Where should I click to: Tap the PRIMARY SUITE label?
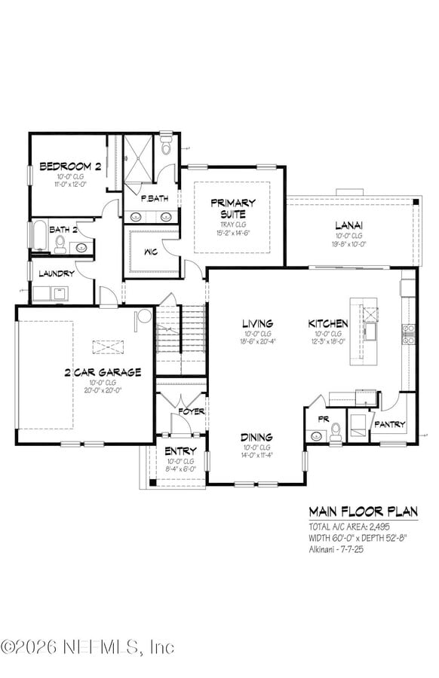(x=232, y=207)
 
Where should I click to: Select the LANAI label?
(x=349, y=224)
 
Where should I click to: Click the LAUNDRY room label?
(x=57, y=273)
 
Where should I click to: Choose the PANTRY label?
(x=389, y=424)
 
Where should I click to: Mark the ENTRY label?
(x=180, y=451)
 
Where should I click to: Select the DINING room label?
(x=256, y=437)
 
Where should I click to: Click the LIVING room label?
(x=257, y=324)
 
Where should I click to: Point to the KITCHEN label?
(x=328, y=324)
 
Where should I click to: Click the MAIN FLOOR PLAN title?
(x=363, y=512)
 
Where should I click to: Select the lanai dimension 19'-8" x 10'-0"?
(x=349, y=243)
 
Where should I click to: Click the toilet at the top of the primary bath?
(x=167, y=145)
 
